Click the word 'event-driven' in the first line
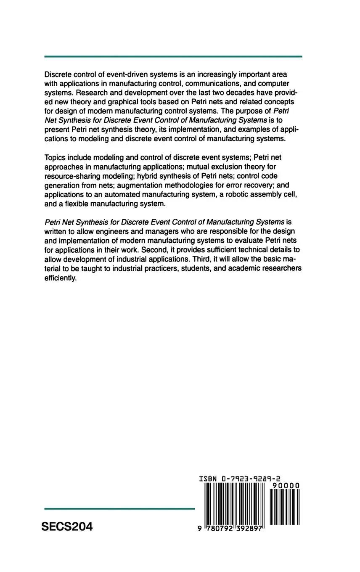(125, 74)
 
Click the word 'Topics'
(55, 157)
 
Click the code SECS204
(67, 527)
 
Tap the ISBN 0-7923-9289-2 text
(240, 479)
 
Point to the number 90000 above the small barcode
(286, 485)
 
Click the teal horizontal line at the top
(173, 56)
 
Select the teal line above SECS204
(119, 509)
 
